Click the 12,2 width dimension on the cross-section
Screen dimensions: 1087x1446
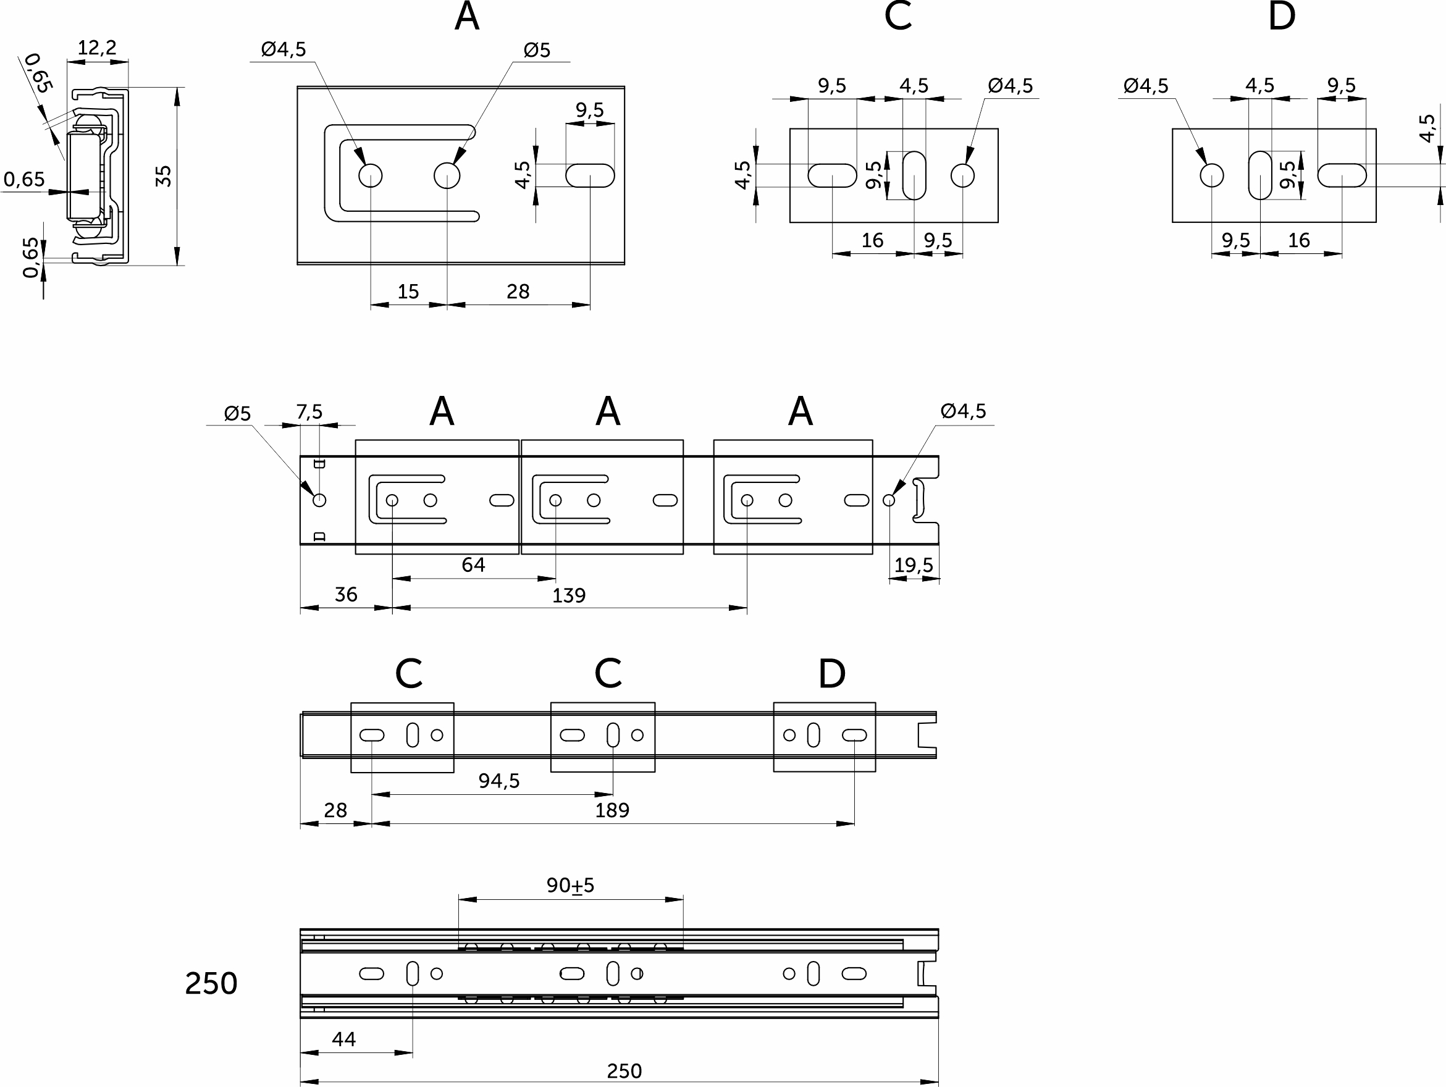click(97, 48)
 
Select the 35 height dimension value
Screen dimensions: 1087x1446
click(164, 176)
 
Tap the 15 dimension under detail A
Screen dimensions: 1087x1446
click(408, 292)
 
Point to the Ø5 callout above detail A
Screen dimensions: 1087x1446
click(537, 50)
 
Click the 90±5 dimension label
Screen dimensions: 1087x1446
click(570, 886)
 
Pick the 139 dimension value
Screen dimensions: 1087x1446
click(569, 595)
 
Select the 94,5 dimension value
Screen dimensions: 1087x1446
click(498, 781)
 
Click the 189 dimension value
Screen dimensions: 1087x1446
click(612, 810)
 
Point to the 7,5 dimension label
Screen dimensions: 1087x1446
click(309, 412)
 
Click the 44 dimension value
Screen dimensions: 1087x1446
click(344, 1039)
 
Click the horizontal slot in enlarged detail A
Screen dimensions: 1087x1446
click(590, 176)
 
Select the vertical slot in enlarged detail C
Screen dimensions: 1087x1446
click(914, 175)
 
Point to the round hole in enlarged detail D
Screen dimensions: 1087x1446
click(1211, 176)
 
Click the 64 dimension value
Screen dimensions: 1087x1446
click(473, 564)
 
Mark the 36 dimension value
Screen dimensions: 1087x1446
click(346, 595)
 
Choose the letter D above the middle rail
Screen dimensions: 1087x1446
click(831, 674)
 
